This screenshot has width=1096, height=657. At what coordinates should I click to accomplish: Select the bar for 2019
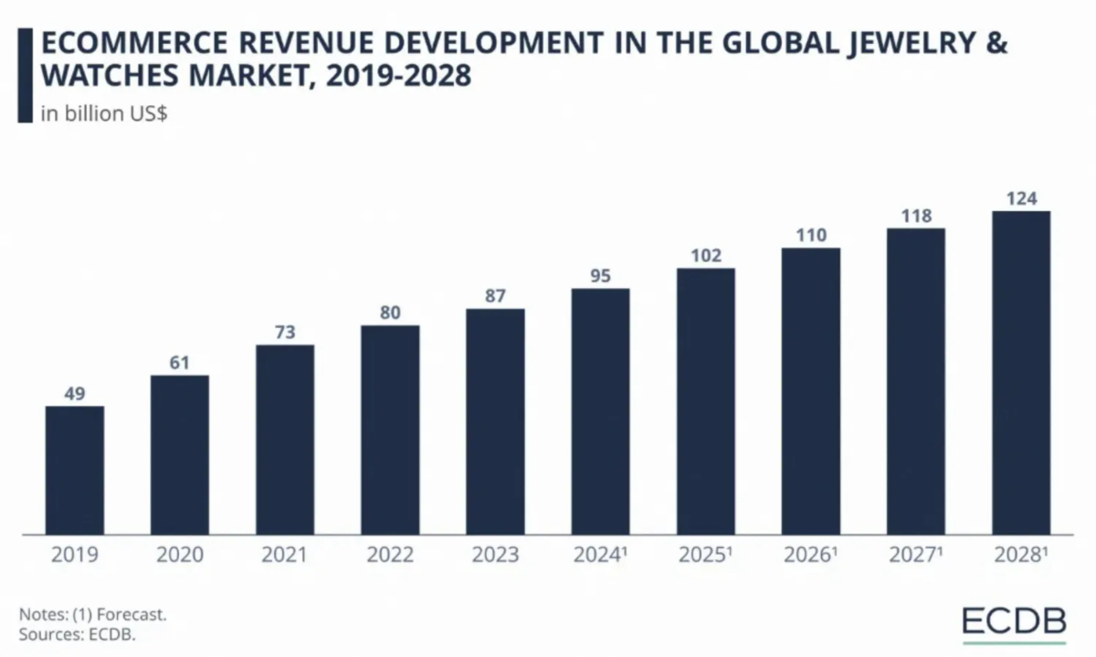pos(75,470)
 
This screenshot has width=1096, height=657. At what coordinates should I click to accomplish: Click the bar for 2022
pos(390,429)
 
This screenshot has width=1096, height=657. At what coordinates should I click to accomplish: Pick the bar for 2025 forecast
pos(705,401)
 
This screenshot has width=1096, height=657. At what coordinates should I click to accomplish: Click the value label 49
pos(75,393)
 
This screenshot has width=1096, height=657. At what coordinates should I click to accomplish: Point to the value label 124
pos(1020,197)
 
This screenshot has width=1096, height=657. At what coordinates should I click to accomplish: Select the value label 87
pos(495,295)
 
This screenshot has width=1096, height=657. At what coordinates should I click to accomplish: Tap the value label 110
pos(810,235)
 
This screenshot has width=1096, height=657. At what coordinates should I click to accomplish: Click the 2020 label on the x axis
pos(179,555)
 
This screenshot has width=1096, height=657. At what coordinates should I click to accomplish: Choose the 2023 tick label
pos(495,555)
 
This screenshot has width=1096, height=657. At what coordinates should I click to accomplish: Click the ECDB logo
pos(1014,621)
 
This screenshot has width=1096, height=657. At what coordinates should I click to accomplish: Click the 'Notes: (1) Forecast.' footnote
pos(92,615)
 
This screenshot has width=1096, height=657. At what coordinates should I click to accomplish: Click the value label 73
pos(285,332)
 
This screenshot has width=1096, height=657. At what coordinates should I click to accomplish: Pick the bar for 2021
pos(285,440)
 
